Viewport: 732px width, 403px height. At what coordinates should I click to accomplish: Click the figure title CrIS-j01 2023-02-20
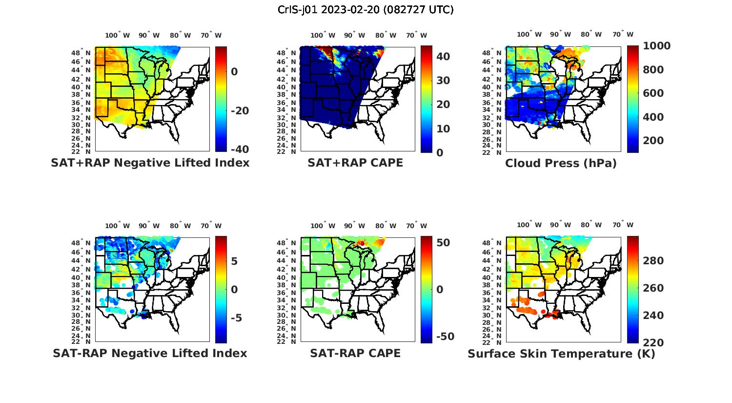pyautogui.click(x=366, y=10)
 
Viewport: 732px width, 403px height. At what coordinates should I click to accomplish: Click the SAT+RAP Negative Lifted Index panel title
pyautogui.click(x=150, y=163)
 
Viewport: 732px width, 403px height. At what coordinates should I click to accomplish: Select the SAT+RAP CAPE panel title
pyautogui.click(x=355, y=163)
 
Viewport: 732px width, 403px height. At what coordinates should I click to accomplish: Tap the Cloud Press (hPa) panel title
pyautogui.click(x=561, y=163)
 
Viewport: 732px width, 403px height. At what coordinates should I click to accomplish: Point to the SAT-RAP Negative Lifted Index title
pyautogui.click(x=150, y=353)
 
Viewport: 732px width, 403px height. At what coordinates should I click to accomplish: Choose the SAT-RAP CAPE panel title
pyautogui.click(x=355, y=353)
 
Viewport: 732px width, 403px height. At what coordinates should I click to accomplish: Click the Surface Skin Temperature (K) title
pyautogui.click(x=561, y=354)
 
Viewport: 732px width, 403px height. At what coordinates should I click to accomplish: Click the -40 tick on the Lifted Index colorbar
pyautogui.click(x=240, y=149)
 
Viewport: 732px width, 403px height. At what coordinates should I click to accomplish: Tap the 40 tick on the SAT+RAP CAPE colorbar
pyautogui.click(x=443, y=57)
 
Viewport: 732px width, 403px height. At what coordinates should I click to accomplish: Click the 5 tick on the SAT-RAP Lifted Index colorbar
pyautogui.click(x=234, y=261)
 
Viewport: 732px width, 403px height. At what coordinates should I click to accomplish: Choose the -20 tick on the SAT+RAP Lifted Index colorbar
pyautogui.click(x=240, y=111)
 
